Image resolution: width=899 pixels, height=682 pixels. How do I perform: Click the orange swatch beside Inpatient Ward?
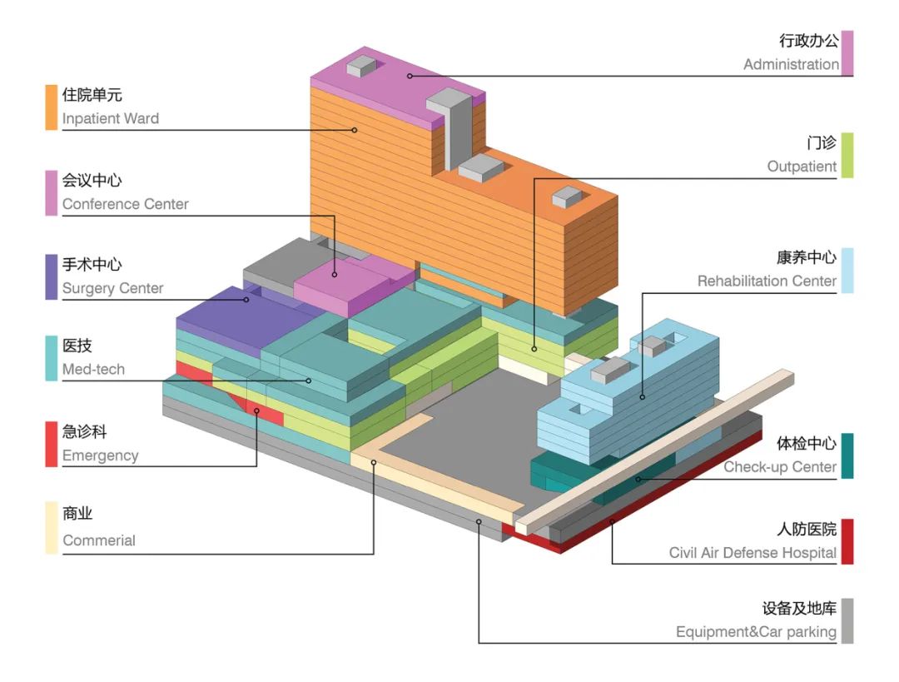click(x=52, y=107)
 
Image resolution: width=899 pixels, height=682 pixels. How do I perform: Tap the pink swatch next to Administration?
click(x=847, y=52)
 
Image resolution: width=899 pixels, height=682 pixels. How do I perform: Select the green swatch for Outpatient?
click(x=847, y=155)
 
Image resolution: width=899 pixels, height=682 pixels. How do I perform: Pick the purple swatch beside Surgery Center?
click(x=52, y=276)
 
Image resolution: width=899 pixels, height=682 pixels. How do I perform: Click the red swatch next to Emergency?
click(x=52, y=444)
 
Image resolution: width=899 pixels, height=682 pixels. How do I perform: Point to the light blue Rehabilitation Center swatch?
click(x=847, y=270)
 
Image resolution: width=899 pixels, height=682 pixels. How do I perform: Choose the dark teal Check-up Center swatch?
click(x=847, y=455)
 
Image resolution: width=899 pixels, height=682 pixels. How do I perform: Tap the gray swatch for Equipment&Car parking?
click(x=847, y=620)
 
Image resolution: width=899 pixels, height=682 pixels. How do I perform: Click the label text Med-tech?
click(x=93, y=369)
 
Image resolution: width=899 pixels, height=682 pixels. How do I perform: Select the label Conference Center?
click(x=125, y=204)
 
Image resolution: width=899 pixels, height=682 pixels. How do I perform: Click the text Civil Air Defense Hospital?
click(x=752, y=552)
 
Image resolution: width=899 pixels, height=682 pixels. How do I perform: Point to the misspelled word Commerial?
click(x=98, y=540)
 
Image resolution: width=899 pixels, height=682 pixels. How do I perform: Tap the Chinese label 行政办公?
click(x=808, y=41)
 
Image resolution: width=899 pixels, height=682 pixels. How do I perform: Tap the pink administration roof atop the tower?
click(x=391, y=79)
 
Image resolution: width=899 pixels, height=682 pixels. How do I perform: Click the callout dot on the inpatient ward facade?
click(x=354, y=129)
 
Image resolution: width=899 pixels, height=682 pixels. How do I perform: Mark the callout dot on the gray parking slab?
click(x=479, y=522)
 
